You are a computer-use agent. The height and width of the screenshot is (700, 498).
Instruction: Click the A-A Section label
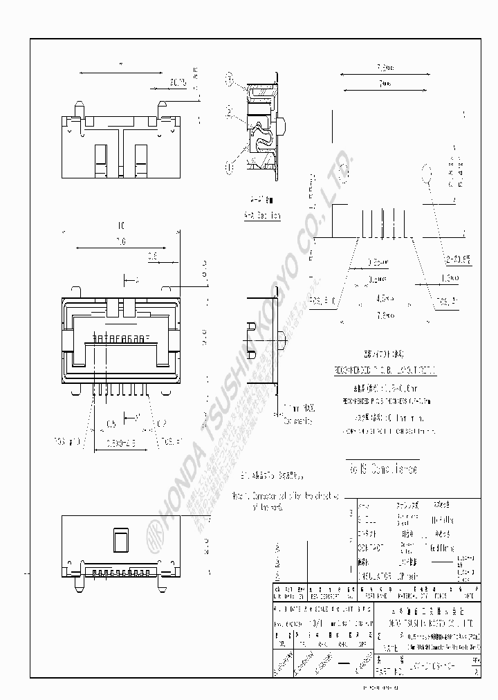click(262, 216)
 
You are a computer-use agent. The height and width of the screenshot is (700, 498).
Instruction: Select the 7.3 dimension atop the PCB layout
click(384, 68)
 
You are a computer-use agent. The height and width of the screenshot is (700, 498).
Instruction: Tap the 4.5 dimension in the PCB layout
click(385, 299)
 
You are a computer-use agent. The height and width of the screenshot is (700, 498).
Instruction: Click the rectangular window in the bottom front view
click(120, 540)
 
